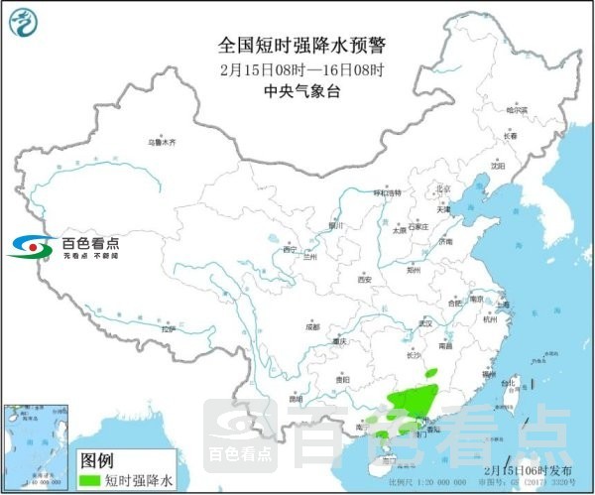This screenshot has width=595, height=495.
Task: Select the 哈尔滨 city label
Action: pos(518,110)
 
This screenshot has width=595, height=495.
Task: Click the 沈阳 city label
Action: pos(497,167)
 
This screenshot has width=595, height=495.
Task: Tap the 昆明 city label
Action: pos(297,398)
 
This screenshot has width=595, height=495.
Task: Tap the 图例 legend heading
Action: pos(96,460)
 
